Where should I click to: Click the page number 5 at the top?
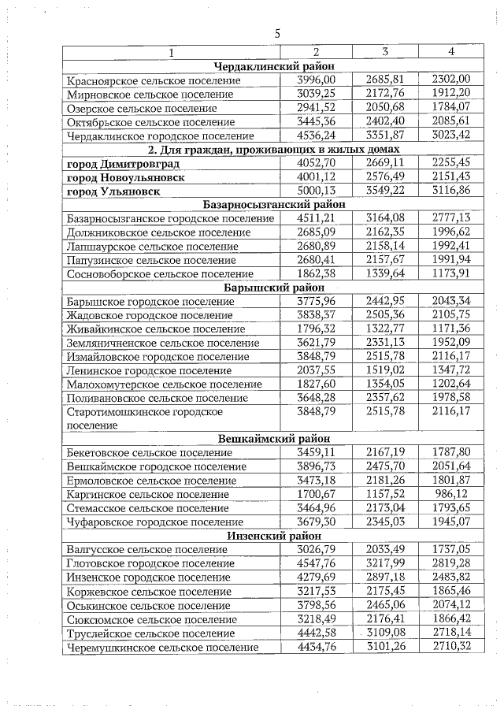[x=277, y=33]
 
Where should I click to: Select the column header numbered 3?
[x=384, y=52]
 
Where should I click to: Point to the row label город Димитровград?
[x=124, y=164]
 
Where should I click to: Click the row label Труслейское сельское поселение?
[x=151, y=633]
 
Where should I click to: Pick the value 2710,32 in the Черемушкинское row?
[x=451, y=647]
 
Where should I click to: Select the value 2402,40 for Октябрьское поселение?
[x=384, y=122]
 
